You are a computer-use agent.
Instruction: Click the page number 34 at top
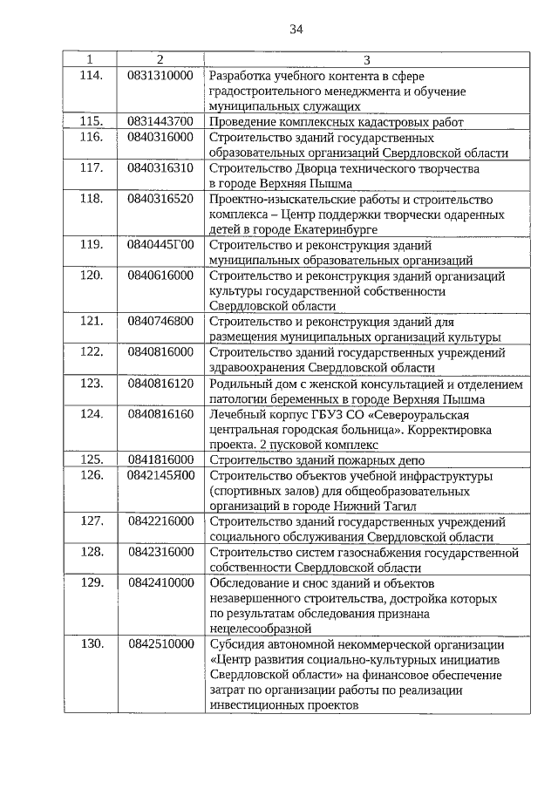pos(296,29)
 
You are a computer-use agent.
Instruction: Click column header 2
pos(160,59)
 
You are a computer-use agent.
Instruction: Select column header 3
pos(366,59)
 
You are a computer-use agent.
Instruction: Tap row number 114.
pos(92,75)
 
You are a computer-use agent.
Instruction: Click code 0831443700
pos(160,121)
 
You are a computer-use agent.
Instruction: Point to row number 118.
pos(92,199)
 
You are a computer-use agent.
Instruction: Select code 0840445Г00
pos(160,244)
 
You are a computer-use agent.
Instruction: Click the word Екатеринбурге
pos(304,229)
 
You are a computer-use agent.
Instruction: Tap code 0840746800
pos(160,321)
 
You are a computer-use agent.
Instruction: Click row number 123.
pos(92,383)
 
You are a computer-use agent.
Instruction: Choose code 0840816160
pos(160,413)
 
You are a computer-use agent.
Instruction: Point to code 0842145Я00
pos(160,475)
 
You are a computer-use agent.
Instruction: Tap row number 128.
pos(92,552)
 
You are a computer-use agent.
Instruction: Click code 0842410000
pos(160,582)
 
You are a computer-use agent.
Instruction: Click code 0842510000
pos(160,643)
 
